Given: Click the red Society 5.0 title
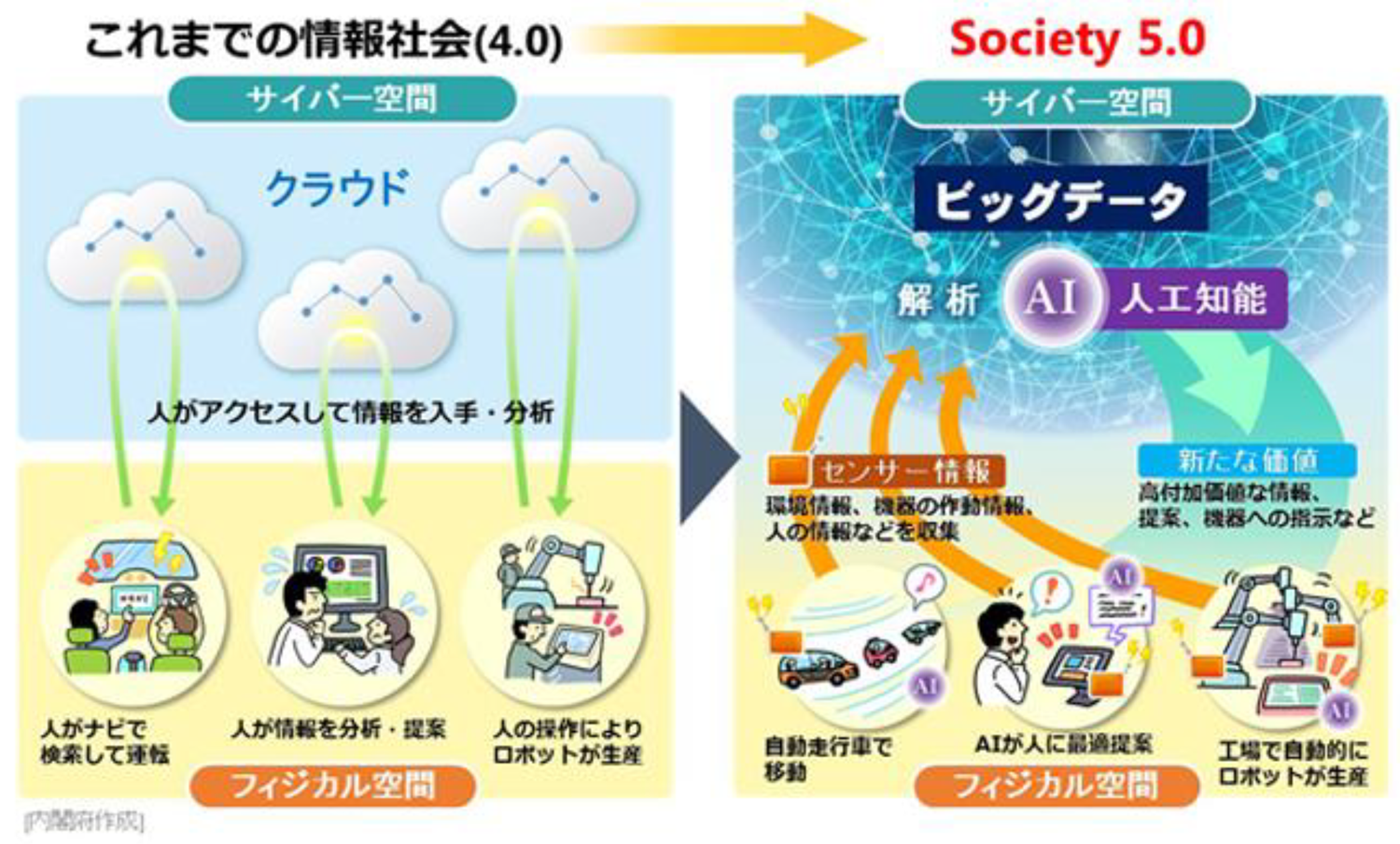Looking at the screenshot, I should pos(1077,39).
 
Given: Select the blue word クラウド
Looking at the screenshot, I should pos(337,188).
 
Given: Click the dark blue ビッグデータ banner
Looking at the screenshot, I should pos(1060,200).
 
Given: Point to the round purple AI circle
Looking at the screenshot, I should pos(1051,299).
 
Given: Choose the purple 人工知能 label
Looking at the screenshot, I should pos(1194,300).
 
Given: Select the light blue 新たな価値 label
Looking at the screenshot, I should pos(1247,460).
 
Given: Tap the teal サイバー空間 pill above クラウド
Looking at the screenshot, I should pos(342,99).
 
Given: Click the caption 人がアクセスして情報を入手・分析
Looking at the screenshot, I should pos(351,412).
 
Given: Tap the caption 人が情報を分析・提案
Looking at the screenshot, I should pos(339,729).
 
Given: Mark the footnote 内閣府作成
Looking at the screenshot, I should pos(84,821).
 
